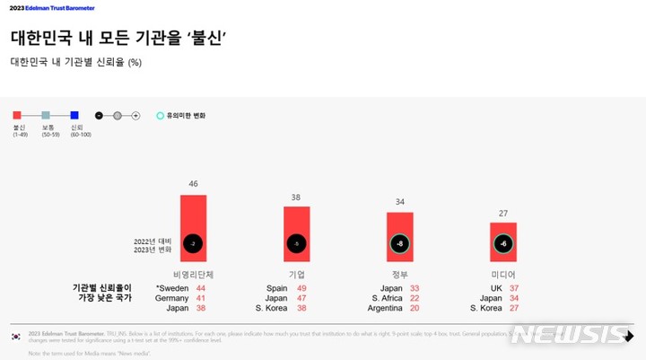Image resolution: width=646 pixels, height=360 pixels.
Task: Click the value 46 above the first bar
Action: click(x=193, y=184)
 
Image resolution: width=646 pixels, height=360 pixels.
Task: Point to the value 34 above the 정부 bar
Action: click(x=399, y=202)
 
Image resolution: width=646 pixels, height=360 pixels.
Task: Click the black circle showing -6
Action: click(x=502, y=243)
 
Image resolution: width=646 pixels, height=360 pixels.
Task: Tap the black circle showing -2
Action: click(x=193, y=243)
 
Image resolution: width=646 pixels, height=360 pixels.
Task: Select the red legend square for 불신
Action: click(x=17, y=115)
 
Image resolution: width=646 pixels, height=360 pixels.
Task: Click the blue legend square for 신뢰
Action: click(x=74, y=115)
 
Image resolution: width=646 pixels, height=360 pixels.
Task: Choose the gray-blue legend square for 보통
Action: click(x=46, y=115)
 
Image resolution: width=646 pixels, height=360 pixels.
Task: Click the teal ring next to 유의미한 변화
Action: click(x=160, y=116)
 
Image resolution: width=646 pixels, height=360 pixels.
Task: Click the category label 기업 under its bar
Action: click(x=297, y=274)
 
